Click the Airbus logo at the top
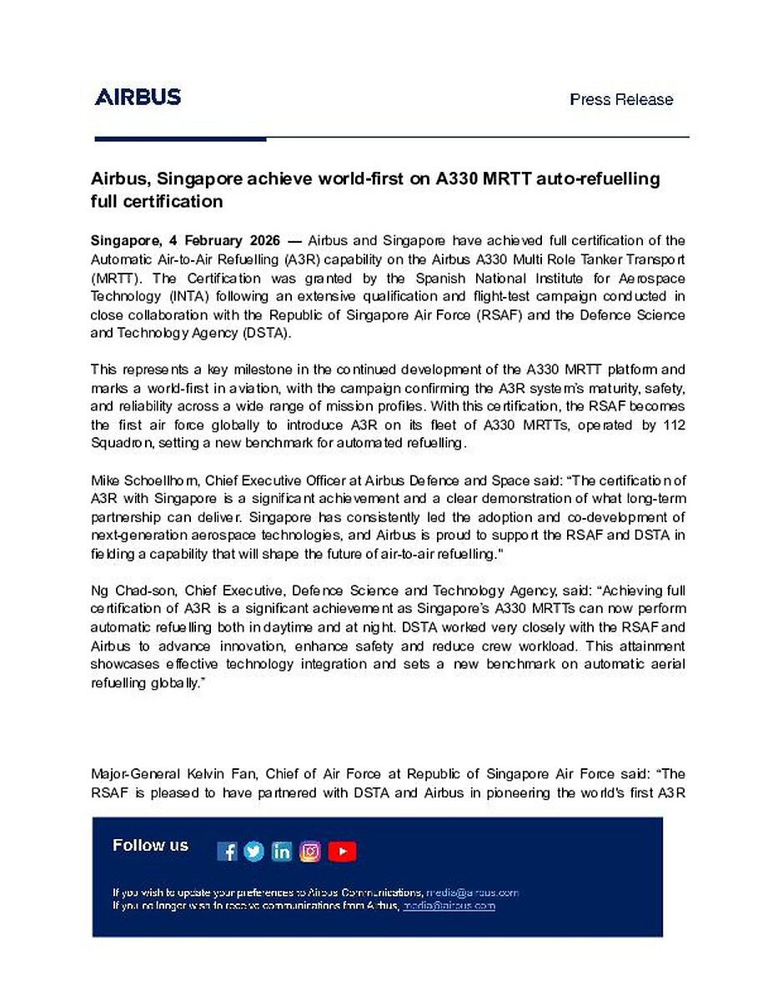click(138, 97)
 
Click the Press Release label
click(621, 99)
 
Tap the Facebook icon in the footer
click(227, 851)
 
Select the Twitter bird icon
click(254, 851)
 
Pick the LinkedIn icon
click(282, 851)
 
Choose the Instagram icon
click(310, 851)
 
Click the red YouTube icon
click(342, 851)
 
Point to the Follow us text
click(151, 846)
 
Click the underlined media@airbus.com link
click(449, 905)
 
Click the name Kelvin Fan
click(223, 775)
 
